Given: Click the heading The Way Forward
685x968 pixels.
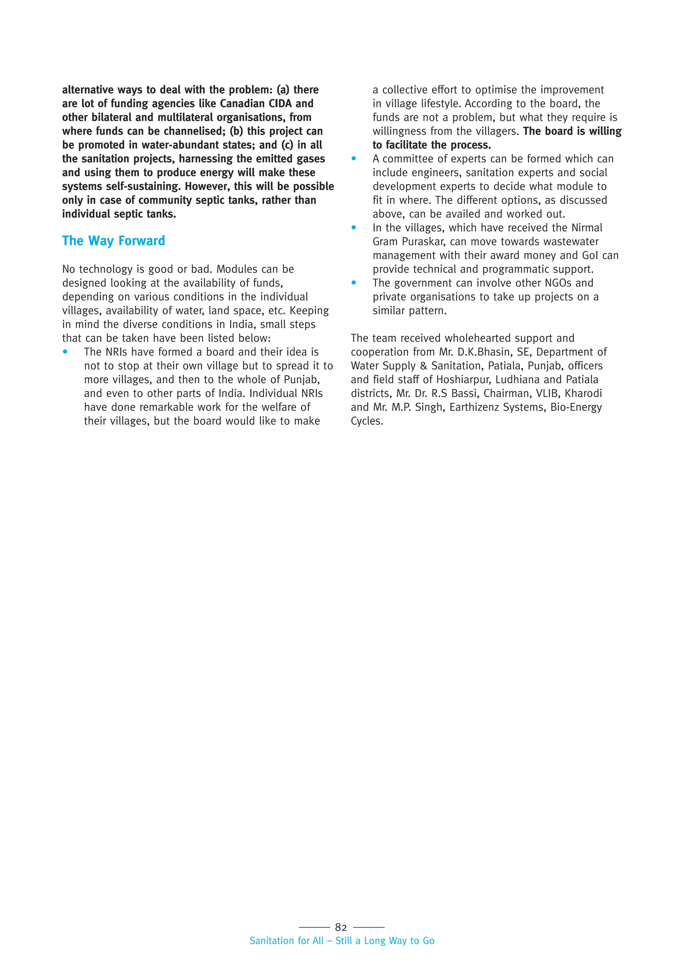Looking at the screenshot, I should point(113,241).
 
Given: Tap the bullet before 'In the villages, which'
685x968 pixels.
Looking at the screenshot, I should point(354,228).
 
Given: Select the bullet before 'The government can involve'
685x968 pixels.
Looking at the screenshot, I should point(354,283).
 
